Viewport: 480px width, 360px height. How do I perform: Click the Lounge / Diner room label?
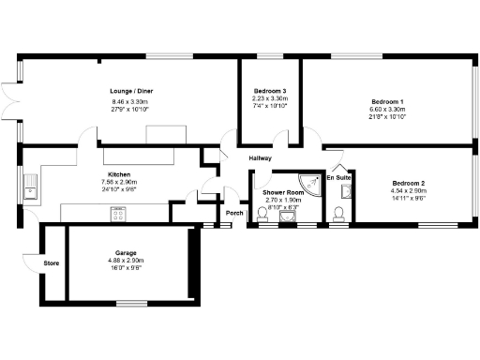pyautogui.click(x=131, y=91)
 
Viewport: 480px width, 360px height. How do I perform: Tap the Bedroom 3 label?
pyautogui.click(x=269, y=91)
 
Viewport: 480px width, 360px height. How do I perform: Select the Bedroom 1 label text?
pyautogui.click(x=387, y=101)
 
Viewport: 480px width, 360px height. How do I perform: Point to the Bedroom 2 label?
pyautogui.click(x=409, y=183)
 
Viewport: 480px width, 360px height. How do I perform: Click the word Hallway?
pyautogui.click(x=261, y=157)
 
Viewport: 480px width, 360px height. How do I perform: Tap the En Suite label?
pyautogui.click(x=338, y=176)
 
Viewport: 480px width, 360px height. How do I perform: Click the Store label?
pyautogui.click(x=52, y=263)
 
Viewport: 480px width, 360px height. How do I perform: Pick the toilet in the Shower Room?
pyautogui.click(x=263, y=218)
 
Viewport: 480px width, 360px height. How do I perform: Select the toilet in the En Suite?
pyautogui.click(x=338, y=217)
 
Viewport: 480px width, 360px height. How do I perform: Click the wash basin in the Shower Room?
pyautogui.click(x=286, y=218)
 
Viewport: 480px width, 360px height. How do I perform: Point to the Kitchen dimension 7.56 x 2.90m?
pyautogui.click(x=119, y=182)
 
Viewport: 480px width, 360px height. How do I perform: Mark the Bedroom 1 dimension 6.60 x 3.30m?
pyautogui.click(x=387, y=109)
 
